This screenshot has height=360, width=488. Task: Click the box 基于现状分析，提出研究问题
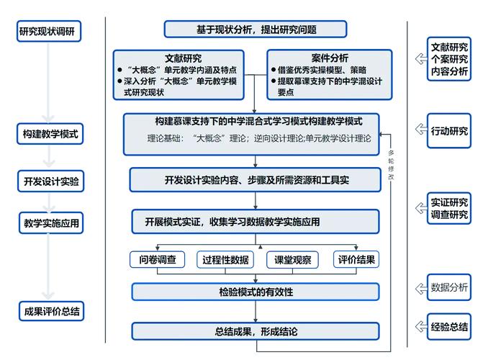click(256, 30)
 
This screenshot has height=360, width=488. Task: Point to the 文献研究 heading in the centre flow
click(183, 58)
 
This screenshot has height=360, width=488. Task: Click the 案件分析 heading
click(330, 58)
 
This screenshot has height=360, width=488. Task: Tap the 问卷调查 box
click(158, 259)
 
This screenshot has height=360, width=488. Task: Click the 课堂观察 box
click(292, 259)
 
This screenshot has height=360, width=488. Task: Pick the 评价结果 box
click(356, 259)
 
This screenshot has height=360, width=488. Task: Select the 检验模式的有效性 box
click(256, 292)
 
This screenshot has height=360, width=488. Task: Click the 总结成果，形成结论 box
click(256, 332)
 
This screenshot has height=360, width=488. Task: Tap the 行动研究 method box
click(449, 131)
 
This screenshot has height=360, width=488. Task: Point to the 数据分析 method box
click(449, 287)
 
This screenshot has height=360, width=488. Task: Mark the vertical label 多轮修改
click(391, 166)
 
